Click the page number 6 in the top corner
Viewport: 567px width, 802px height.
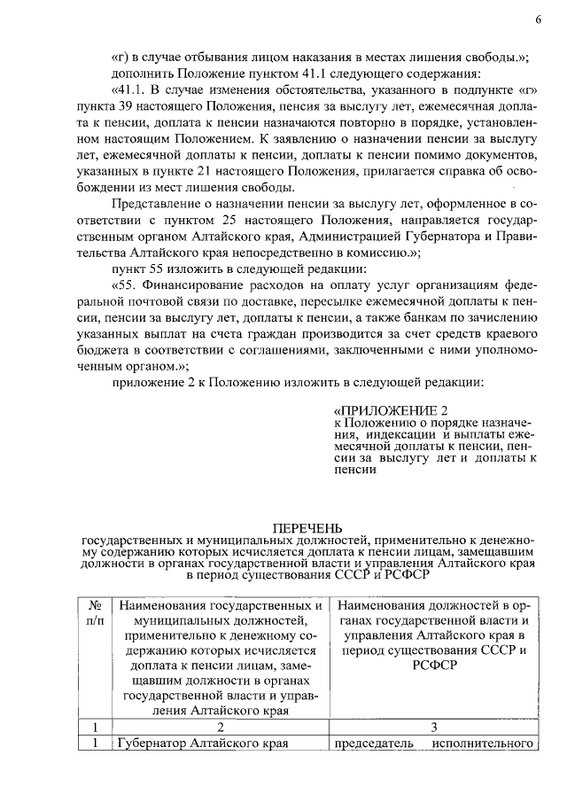[537, 20]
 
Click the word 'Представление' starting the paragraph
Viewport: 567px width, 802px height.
[155, 205]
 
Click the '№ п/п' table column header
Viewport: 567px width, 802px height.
[95, 611]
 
